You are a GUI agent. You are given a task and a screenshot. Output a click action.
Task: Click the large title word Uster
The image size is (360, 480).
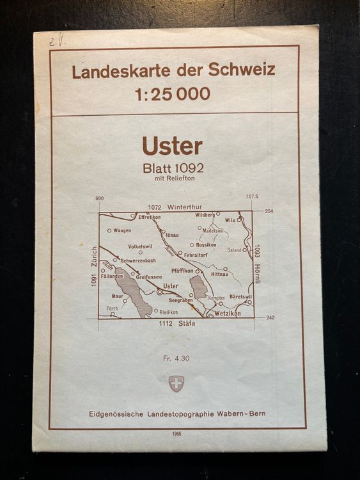click(173, 147)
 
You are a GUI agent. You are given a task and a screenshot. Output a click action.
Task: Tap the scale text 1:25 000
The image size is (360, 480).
click(172, 93)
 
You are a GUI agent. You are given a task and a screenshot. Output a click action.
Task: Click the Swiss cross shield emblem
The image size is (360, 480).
click(176, 383)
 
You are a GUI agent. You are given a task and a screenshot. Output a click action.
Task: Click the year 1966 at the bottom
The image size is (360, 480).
click(176, 434)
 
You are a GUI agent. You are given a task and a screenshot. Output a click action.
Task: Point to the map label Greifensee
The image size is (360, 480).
click(150, 277)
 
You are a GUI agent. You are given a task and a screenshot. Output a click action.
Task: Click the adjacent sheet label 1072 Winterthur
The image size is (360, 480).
click(174, 207)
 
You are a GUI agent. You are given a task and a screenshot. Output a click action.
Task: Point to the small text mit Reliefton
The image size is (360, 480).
click(173, 179)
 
